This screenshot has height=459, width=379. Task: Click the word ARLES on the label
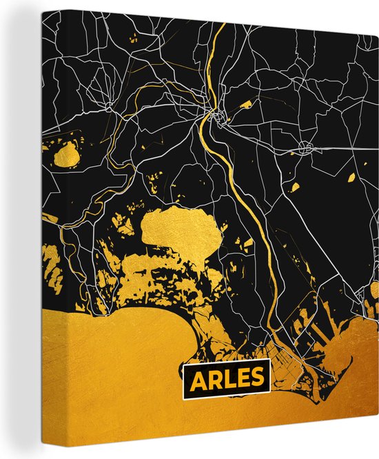(225, 378)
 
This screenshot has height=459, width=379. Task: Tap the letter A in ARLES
(197, 379)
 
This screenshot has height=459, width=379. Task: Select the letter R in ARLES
(212, 379)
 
